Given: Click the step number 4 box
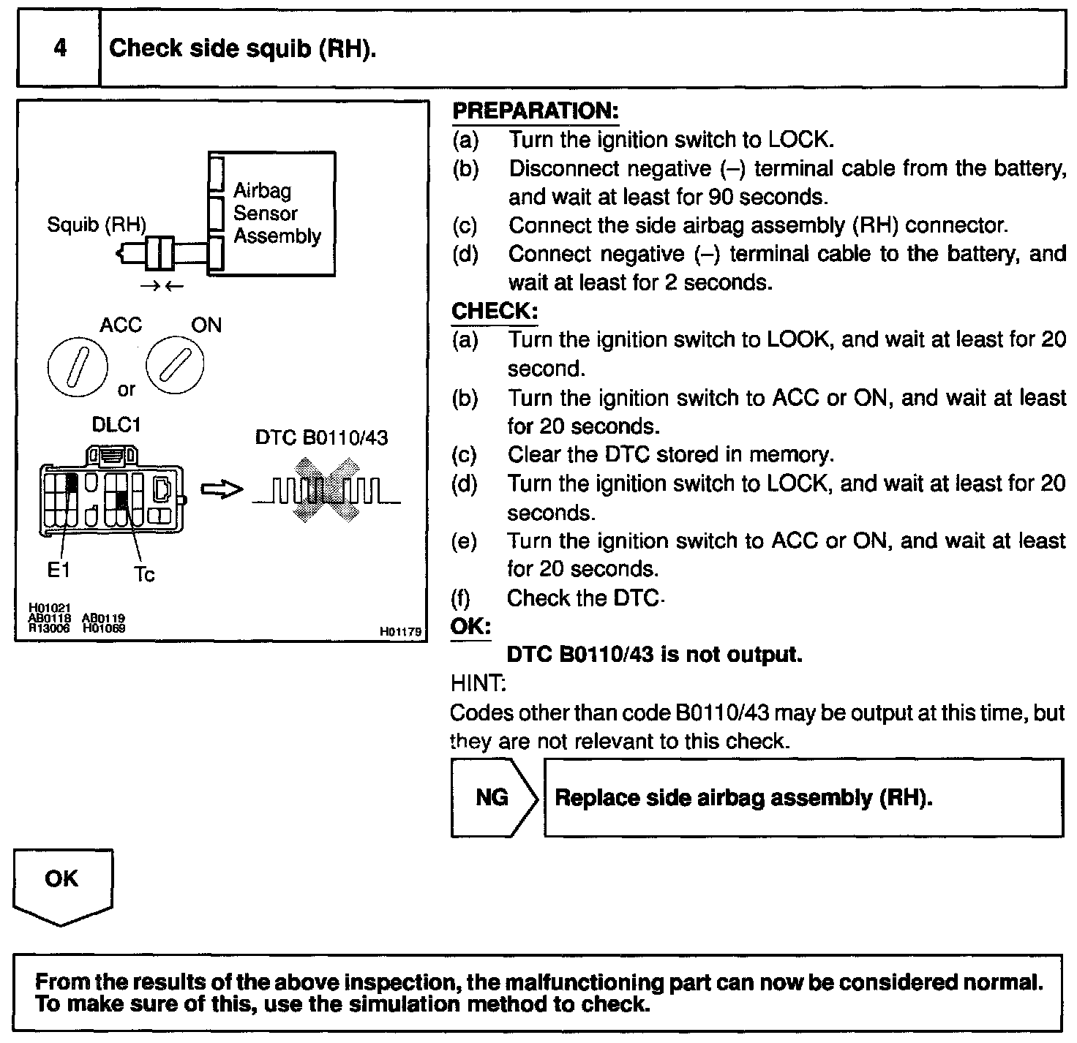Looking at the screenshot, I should [x=59, y=48].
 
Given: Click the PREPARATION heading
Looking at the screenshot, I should [x=536, y=111].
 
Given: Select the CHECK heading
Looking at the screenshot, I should [x=495, y=311].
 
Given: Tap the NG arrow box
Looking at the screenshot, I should [x=493, y=797].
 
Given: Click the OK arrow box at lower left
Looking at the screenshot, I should [x=62, y=881].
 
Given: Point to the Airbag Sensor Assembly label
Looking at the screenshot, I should [x=277, y=214].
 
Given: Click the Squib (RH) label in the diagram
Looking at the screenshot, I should [x=96, y=225].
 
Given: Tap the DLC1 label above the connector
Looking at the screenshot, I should [x=116, y=425].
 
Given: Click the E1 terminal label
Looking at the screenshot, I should [x=59, y=571].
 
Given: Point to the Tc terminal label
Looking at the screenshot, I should [x=144, y=575].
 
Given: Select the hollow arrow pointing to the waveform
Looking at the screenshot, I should [x=221, y=489].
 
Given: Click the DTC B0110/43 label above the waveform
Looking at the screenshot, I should [x=321, y=437].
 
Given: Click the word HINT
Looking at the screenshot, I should [x=476, y=683].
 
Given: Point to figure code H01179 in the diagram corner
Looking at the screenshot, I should [x=400, y=632].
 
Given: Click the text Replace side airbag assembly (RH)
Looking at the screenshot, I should [x=743, y=797].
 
